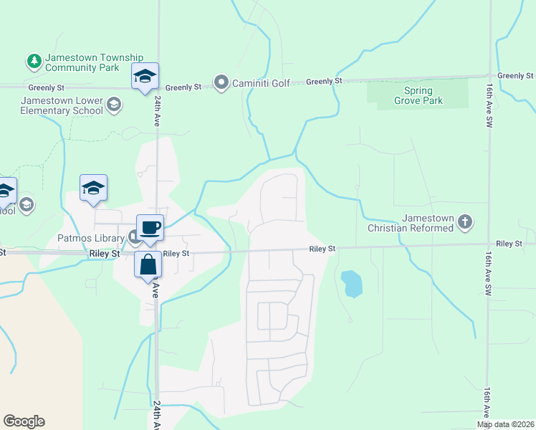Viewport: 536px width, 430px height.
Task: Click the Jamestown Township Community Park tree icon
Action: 34,62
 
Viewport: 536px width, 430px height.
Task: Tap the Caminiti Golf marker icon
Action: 221,83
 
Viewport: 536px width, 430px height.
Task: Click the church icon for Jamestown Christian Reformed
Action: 464,222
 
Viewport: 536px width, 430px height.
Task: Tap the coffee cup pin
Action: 150,229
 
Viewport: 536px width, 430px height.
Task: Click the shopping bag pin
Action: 148,264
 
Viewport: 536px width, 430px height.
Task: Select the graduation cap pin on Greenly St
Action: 145,77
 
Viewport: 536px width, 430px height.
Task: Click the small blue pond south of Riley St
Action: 351,283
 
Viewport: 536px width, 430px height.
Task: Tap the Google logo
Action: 24,421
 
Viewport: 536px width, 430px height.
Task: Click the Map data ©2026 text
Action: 505,424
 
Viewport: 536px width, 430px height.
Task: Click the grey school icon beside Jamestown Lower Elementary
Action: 113,106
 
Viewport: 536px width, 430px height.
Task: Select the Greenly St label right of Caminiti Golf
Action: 324,82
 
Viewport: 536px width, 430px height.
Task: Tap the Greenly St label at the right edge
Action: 515,75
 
